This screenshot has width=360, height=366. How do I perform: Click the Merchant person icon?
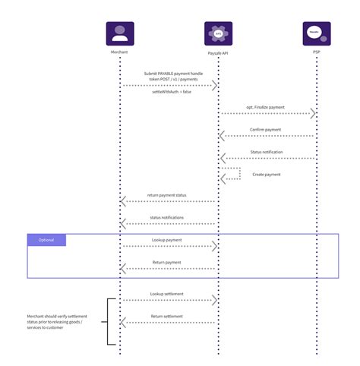click(x=120, y=34)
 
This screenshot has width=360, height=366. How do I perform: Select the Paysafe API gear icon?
click(x=218, y=34)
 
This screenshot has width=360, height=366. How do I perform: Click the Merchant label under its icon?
click(x=120, y=53)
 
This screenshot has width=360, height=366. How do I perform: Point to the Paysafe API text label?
click(x=218, y=53)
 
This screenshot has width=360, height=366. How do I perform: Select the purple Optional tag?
click(x=46, y=240)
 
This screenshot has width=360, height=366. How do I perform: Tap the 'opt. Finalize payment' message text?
click(x=267, y=107)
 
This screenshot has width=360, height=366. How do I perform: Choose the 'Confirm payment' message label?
click(x=267, y=130)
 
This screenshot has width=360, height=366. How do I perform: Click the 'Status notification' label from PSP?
click(x=267, y=152)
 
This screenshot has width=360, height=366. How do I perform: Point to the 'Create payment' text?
click(x=267, y=174)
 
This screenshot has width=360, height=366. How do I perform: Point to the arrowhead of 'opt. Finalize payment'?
click(x=313, y=114)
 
